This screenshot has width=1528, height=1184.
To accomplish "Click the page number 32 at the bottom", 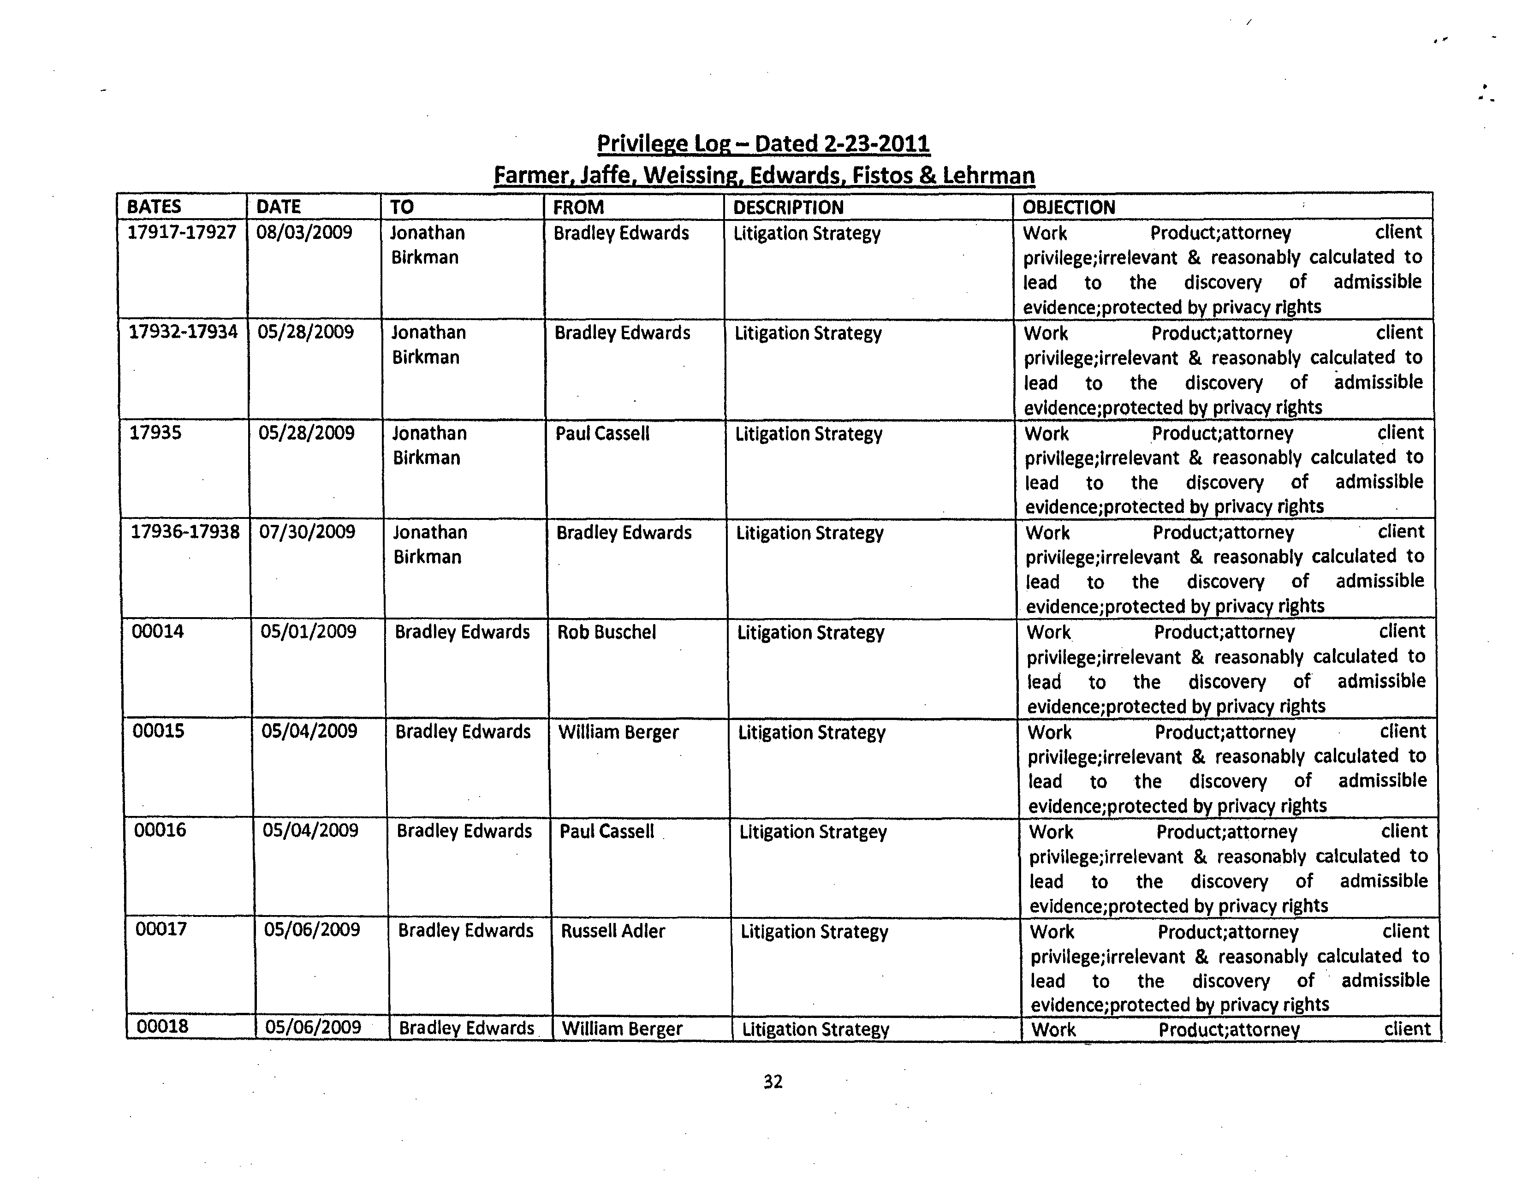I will point(773,1082).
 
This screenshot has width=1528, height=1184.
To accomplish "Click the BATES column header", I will point(154,207).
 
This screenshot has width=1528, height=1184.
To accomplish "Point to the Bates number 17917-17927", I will point(182,232).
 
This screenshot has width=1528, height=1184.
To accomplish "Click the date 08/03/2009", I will point(304,232).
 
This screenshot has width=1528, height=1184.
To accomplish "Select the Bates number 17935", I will point(155,433).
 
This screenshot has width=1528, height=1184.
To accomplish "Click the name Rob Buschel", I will point(606,632).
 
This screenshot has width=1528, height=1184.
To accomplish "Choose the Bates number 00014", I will point(158,631).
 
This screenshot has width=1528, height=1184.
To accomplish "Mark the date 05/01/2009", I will point(309,632).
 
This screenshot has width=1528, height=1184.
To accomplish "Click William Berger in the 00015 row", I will point(618,732).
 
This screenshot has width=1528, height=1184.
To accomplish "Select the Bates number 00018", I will point(162,1027).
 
